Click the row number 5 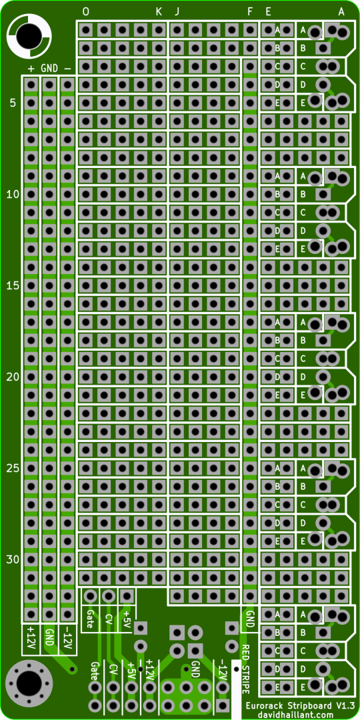point(13,103)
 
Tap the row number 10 point(13,195)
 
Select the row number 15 point(13,285)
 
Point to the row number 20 point(13,377)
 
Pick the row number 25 point(13,469)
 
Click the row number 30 point(13,559)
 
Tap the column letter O point(86,12)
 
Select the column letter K point(159,12)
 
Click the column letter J point(177,12)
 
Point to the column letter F point(250,12)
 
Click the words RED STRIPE point(245,669)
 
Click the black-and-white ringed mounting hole point(29,35)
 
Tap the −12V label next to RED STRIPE point(223,671)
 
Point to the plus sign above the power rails point(31,69)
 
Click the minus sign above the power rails point(67,69)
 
